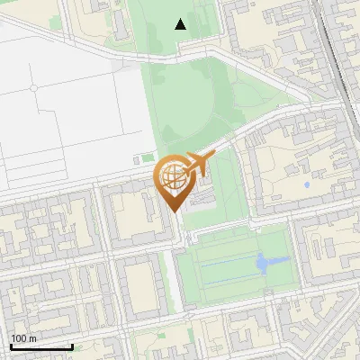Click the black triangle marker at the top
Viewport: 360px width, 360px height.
(x=181, y=24)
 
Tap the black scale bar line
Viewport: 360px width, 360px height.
(x=41, y=347)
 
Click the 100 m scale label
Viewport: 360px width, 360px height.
(x=24, y=338)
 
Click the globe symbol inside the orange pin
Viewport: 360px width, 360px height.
(x=174, y=175)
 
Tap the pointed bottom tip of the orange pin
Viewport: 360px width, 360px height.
(x=174, y=211)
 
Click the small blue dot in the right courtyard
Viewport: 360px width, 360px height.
(x=308, y=185)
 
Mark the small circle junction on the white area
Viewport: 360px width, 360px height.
(x=33, y=88)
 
